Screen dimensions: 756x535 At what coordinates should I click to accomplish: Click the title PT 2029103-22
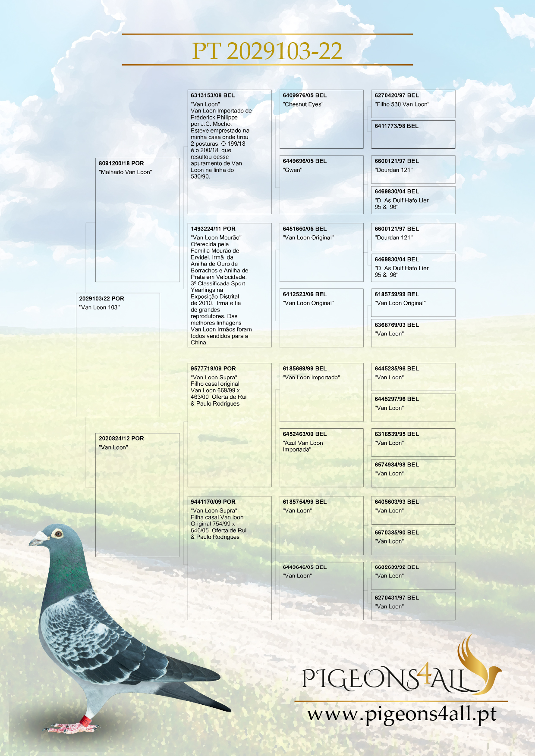tap(267, 51)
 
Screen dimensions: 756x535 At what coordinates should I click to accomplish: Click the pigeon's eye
tap(58, 534)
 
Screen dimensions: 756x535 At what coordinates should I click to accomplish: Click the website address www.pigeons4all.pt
tap(401, 714)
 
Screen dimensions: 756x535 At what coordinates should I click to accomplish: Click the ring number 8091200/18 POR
tap(121, 163)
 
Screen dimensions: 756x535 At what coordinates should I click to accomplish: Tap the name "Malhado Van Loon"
tap(126, 172)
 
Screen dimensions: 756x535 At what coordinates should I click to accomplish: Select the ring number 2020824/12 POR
tap(121, 438)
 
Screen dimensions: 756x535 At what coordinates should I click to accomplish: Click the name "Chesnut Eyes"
tap(303, 104)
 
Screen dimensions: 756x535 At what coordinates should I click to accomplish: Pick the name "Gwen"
tap(293, 170)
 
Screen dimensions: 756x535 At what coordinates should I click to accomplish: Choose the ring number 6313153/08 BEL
tap(213, 95)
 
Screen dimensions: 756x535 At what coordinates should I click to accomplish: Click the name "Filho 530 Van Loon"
tap(402, 104)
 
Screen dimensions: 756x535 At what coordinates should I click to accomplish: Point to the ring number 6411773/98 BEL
tap(397, 126)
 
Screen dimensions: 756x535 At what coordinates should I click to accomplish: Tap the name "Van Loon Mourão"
tap(216, 237)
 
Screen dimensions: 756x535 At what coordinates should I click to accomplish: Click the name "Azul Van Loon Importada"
tap(303, 446)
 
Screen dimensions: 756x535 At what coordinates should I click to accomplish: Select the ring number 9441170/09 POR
tap(213, 502)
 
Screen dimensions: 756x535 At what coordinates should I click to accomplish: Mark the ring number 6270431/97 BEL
tap(397, 598)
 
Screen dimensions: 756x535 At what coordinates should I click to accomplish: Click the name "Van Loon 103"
tap(100, 307)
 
